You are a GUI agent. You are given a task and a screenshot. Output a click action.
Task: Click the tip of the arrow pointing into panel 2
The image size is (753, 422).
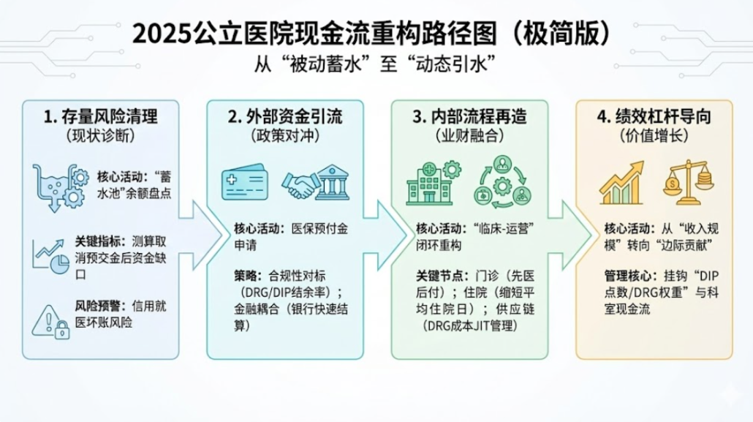[x=223, y=235]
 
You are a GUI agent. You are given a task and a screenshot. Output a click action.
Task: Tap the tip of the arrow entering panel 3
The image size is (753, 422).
[x=408, y=235]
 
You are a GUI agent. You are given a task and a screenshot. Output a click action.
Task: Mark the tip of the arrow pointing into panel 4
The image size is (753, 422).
[x=592, y=235]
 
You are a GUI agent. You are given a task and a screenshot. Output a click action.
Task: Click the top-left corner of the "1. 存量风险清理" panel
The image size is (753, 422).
[x=23, y=100]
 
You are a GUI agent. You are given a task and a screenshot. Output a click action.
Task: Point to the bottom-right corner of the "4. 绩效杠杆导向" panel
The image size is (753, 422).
[x=733, y=359]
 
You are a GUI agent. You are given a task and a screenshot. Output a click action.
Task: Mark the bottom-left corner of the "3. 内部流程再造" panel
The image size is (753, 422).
[x=391, y=359]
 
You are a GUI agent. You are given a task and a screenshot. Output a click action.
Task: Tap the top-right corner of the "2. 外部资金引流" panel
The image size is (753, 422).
[x=363, y=100]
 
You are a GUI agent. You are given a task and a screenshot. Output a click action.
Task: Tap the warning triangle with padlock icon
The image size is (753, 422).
[x=50, y=322]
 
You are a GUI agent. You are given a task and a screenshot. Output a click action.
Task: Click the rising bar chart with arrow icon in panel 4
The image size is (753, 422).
[x=621, y=183]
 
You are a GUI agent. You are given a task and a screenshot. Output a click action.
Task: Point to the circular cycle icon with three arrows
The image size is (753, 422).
[x=502, y=182]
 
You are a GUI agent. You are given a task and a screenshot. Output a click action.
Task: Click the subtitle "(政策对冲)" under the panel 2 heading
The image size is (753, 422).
[x=285, y=136]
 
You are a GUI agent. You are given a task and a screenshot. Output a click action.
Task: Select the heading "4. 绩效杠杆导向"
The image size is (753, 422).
[x=654, y=116]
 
